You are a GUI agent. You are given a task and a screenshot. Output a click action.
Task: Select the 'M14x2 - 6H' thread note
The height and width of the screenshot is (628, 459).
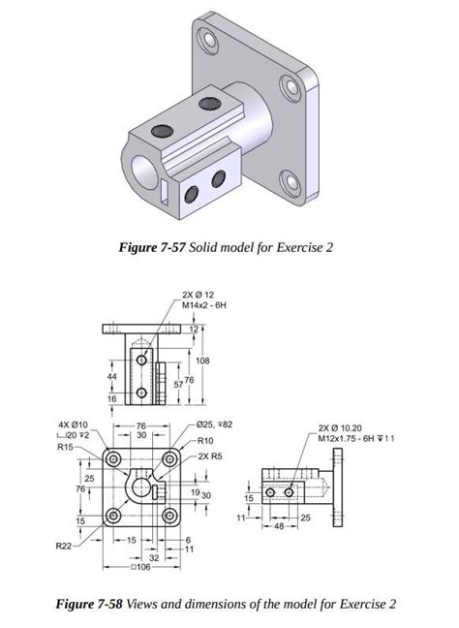(x=204, y=306)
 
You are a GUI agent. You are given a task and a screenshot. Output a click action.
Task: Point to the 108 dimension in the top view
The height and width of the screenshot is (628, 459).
(x=202, y=361)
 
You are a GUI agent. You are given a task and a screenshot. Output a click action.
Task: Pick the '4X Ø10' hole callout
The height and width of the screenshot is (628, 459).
(x=73, y=424)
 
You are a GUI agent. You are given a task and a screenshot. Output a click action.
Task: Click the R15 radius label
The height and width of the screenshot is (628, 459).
(x=66, y=447)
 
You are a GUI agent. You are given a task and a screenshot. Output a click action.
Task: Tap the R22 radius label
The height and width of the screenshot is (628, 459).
(x=65, y=548)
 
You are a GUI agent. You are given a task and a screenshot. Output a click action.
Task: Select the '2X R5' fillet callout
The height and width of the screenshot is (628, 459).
(x=210, y=455)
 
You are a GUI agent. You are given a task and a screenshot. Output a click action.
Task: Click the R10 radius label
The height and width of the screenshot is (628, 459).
(x=206, y=439)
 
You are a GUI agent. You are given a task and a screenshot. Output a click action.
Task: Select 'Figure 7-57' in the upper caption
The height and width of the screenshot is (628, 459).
(x=151, y=248)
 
